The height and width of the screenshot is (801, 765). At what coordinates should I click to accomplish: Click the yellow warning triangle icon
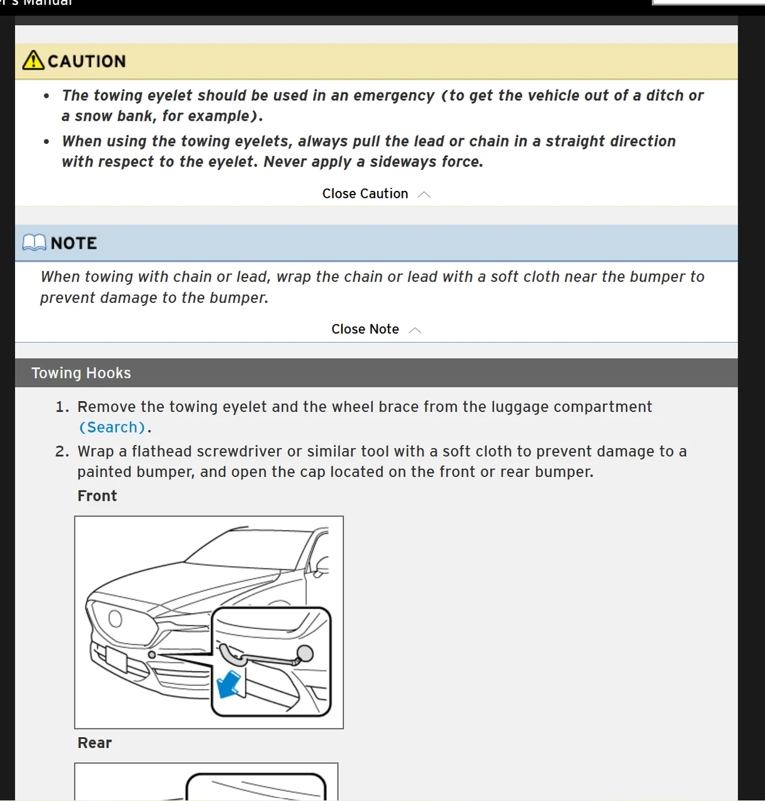point(33,60)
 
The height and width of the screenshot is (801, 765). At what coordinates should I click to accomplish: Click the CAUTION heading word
point(86,61)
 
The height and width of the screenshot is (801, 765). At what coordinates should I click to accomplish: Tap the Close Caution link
point(365,194)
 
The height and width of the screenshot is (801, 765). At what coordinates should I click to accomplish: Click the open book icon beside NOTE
point(34,243)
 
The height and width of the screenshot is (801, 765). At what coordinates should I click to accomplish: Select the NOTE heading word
point(74,243)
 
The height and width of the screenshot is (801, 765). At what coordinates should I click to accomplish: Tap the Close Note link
point(365,329)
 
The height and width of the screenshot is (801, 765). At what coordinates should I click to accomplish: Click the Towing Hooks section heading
point(81,373)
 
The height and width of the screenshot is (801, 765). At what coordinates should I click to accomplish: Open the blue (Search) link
point(112,427)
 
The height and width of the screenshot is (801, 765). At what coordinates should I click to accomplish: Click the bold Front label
point(97,496)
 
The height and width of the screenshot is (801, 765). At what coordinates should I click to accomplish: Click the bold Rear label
point(94,743)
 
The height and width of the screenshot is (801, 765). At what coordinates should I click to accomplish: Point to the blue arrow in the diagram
point(228,684)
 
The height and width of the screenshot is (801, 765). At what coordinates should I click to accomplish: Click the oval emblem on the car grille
point(115,619)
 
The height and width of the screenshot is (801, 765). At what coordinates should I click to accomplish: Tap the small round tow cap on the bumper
point(151,655)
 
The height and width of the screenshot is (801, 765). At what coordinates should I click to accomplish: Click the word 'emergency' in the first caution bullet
point(393,96)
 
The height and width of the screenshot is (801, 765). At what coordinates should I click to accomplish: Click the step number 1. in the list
point(62,407)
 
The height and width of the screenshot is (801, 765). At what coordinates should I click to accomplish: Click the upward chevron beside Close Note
point(415,330)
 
